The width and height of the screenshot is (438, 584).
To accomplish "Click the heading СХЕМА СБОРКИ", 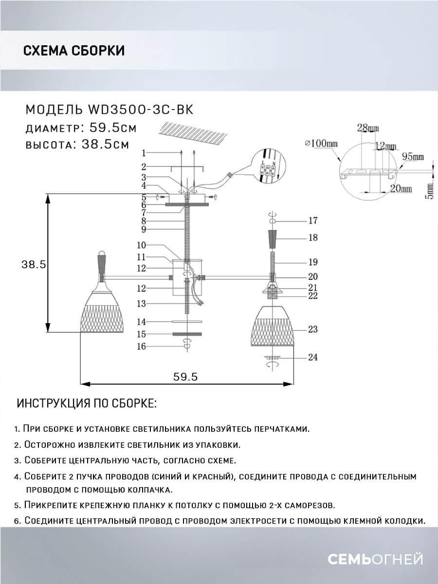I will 74,51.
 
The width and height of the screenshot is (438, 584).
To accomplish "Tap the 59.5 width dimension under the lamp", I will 185,377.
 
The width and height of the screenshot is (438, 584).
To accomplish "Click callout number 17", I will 312,220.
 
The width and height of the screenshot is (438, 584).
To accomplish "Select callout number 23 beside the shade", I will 312,329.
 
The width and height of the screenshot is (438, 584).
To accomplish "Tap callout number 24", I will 312,357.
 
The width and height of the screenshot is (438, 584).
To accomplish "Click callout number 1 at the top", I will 144,153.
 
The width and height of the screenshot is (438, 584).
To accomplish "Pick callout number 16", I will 142,347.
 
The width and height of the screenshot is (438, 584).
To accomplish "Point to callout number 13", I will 142,304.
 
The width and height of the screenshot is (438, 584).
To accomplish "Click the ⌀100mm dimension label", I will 321,144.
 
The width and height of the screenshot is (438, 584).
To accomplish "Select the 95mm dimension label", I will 413,157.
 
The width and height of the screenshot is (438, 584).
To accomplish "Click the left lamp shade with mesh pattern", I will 102,312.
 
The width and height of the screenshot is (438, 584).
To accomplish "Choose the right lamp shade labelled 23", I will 273,326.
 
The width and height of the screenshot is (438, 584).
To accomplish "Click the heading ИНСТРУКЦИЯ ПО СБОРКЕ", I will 87,403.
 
